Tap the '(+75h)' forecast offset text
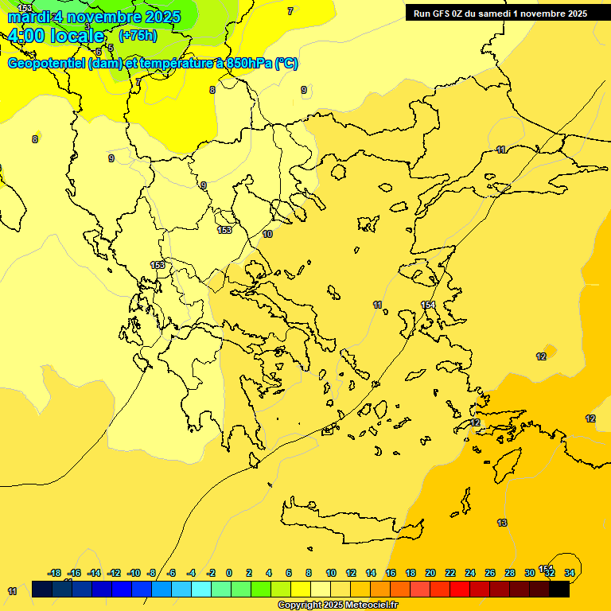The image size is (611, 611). [138, 36]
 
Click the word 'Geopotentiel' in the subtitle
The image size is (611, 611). [46, 64]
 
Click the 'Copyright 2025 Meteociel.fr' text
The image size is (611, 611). [337, 605]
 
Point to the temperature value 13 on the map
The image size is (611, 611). [502, 523]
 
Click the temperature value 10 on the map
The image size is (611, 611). [267, 234]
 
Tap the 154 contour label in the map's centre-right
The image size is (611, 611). [428, 305]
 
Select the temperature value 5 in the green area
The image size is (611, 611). [111, 48]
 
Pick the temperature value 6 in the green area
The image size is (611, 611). [99, 52]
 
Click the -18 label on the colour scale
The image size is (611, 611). [55, 573]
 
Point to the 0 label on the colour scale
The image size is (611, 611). [229, 573]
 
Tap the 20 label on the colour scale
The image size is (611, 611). [430, 573]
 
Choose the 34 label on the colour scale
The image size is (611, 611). [570, 573]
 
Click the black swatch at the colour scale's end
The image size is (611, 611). [559, 589]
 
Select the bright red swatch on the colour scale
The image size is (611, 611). [460, 589]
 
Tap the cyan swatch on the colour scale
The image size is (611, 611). [201, 589]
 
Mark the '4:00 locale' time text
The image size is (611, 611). [56, 37]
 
